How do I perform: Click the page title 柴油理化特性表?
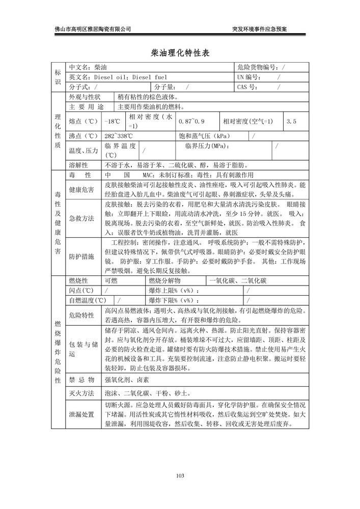[x=180, y=53]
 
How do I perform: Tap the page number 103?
[x=180, y=475]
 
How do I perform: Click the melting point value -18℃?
[x=113, y=122]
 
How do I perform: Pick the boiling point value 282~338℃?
[x=119, y=136]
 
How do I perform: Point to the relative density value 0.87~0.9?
[x=191, y=122]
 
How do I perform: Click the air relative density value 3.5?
[x=291, y=122]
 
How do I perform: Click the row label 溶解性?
[x=78, y=165]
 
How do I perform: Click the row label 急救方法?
[x=81, y=218]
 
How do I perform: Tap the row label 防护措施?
[x=81, y=257]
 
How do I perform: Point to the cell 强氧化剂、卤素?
[x=127, y=379]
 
